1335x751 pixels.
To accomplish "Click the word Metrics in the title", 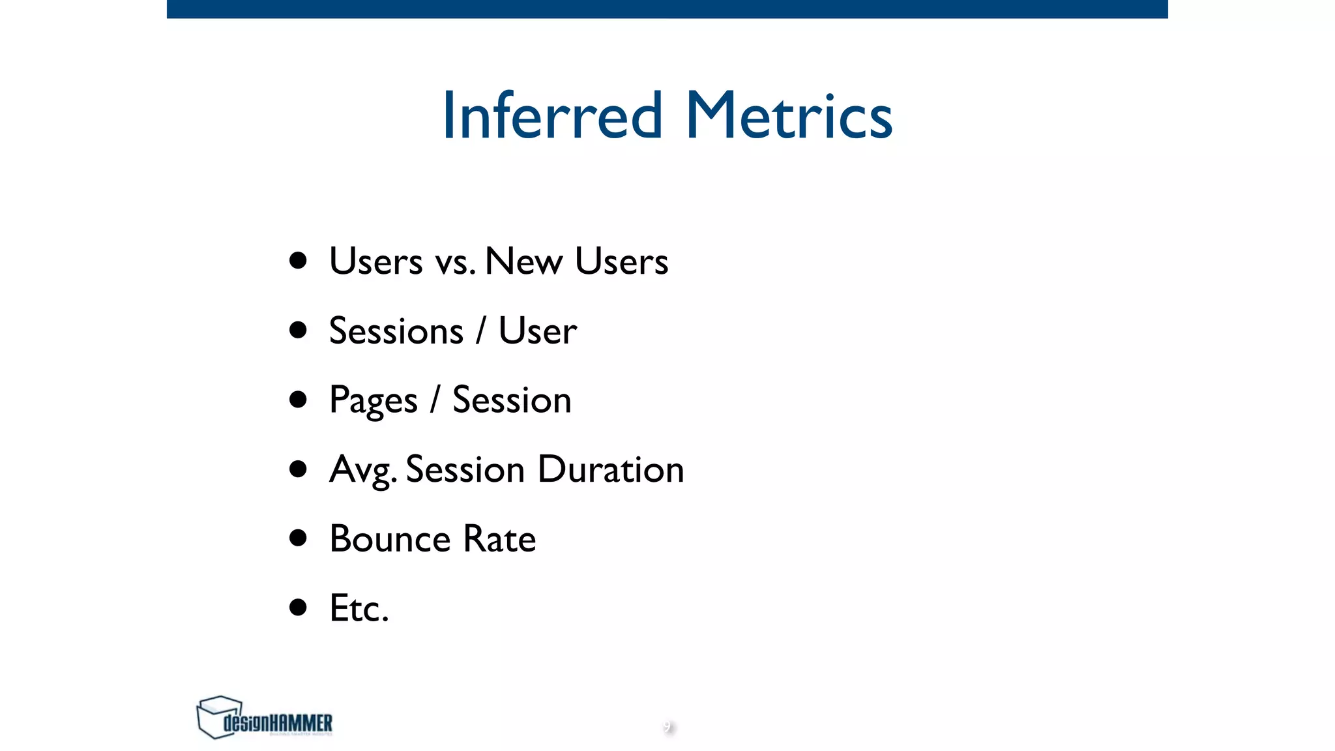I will [789, 116].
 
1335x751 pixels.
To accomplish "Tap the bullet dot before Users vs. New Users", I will [298, 261].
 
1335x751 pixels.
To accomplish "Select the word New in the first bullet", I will [523, 261].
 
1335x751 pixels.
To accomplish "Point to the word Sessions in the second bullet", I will [396, 331].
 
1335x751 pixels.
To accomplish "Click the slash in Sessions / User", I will [481, 331].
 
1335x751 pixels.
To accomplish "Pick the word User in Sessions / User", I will [538, 331].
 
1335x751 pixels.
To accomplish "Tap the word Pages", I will [373, 400].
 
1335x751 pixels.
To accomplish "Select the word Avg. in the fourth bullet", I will [362, 470].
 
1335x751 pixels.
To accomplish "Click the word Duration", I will [611, 469].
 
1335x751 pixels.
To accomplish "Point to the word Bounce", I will [390, 539].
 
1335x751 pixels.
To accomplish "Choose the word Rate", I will [499, 539].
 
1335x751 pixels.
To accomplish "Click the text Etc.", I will [359, 608].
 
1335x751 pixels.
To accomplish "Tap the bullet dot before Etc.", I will [298, 608].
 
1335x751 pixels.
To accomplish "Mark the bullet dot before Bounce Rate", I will [298, 538].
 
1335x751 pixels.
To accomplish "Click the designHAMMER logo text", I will [278, 723].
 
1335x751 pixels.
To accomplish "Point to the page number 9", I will [667, 727].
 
